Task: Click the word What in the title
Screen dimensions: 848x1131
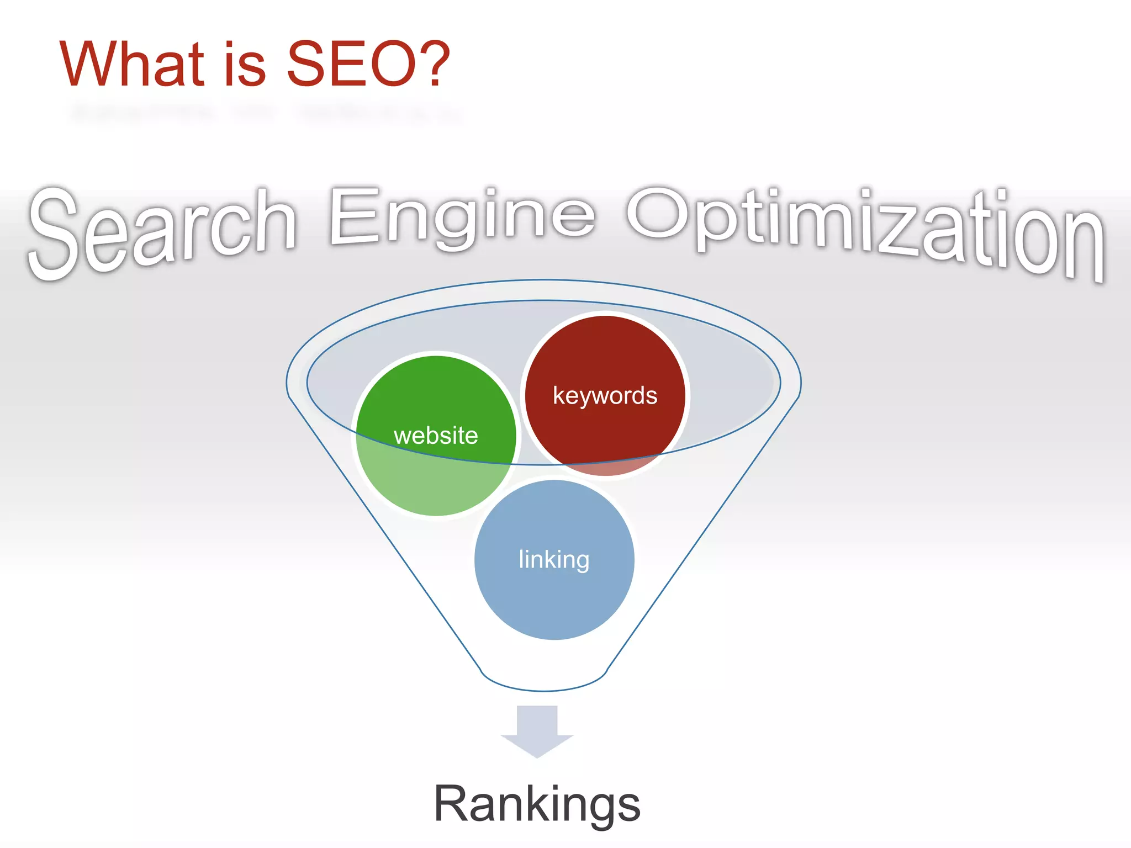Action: click(x=133, y=64)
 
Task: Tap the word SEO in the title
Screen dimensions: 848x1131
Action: click(x=352, y=64)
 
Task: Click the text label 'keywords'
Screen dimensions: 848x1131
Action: click(x=605, y=396)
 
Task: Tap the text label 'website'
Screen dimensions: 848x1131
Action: click(x=436, y=436)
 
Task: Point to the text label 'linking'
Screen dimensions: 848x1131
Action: click(x=554, y=560)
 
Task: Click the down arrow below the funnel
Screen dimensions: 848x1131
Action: click(x=537, y=732)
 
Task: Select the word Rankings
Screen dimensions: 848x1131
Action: click(x=537, y=804)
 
